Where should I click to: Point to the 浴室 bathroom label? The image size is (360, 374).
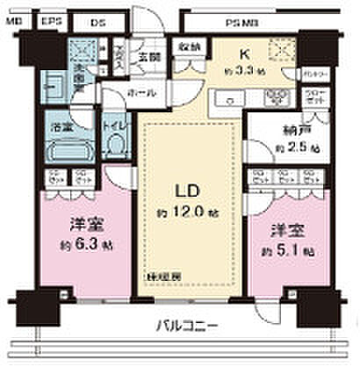(61, 126)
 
